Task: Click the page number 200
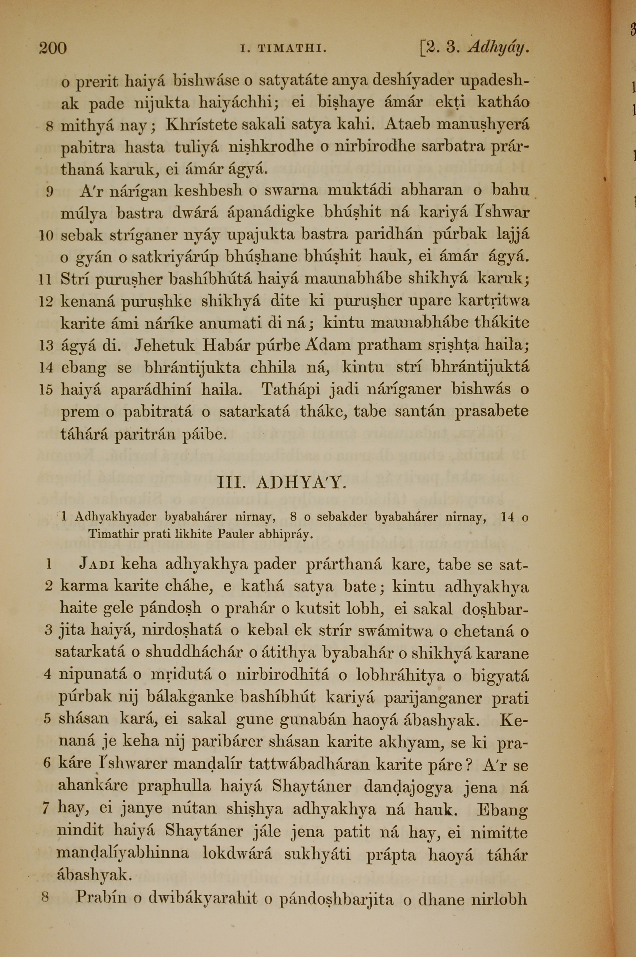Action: point(53,48)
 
